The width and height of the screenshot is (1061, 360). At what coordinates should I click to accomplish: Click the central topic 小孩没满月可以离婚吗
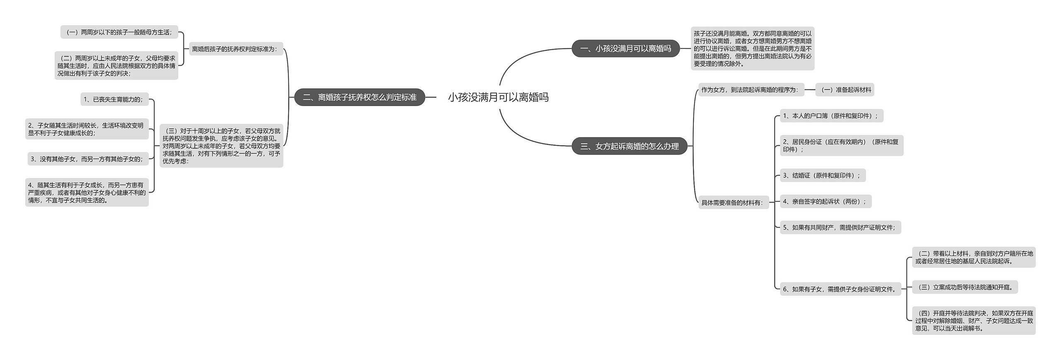[x=498, y=97]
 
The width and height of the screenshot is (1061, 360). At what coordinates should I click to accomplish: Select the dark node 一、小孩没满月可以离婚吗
[x=625, y=48]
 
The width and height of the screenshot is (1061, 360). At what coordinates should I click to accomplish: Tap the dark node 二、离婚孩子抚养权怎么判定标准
[x=359, y=97]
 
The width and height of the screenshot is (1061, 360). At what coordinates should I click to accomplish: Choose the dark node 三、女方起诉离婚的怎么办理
[x=629, y=146]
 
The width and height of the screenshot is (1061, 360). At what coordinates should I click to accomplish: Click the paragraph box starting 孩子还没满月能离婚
[x=752, y=48]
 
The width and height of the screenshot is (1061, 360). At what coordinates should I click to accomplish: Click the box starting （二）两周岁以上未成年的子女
[x=116, y=66]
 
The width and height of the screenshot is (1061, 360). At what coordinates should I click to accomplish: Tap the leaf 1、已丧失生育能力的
[x=114, y=99]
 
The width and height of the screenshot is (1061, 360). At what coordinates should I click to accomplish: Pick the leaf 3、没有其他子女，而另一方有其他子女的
[x=88, y=159]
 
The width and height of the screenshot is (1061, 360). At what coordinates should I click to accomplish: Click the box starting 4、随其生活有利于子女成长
[x=87, y=193]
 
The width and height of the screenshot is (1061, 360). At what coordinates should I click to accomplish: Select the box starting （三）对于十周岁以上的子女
[x=221, y=146]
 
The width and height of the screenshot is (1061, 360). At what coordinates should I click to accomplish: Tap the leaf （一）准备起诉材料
[x=845, y=90]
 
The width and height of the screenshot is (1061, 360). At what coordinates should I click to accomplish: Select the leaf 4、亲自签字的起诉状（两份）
[x=825, y=202]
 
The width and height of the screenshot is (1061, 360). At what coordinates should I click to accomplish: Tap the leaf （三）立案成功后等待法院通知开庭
[x=965, y=287]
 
